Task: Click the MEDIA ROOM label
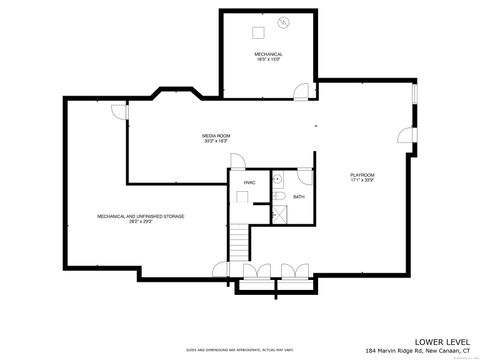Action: (216, 135)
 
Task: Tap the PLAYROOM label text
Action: (361, 173)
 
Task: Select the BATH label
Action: (299, 197)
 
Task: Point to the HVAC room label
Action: (249, 183)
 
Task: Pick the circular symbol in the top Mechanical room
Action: (284, 23)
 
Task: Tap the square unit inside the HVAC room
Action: (240, 197)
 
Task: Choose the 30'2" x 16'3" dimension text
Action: (216, 141)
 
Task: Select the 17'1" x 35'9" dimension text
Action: (361, 179)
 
